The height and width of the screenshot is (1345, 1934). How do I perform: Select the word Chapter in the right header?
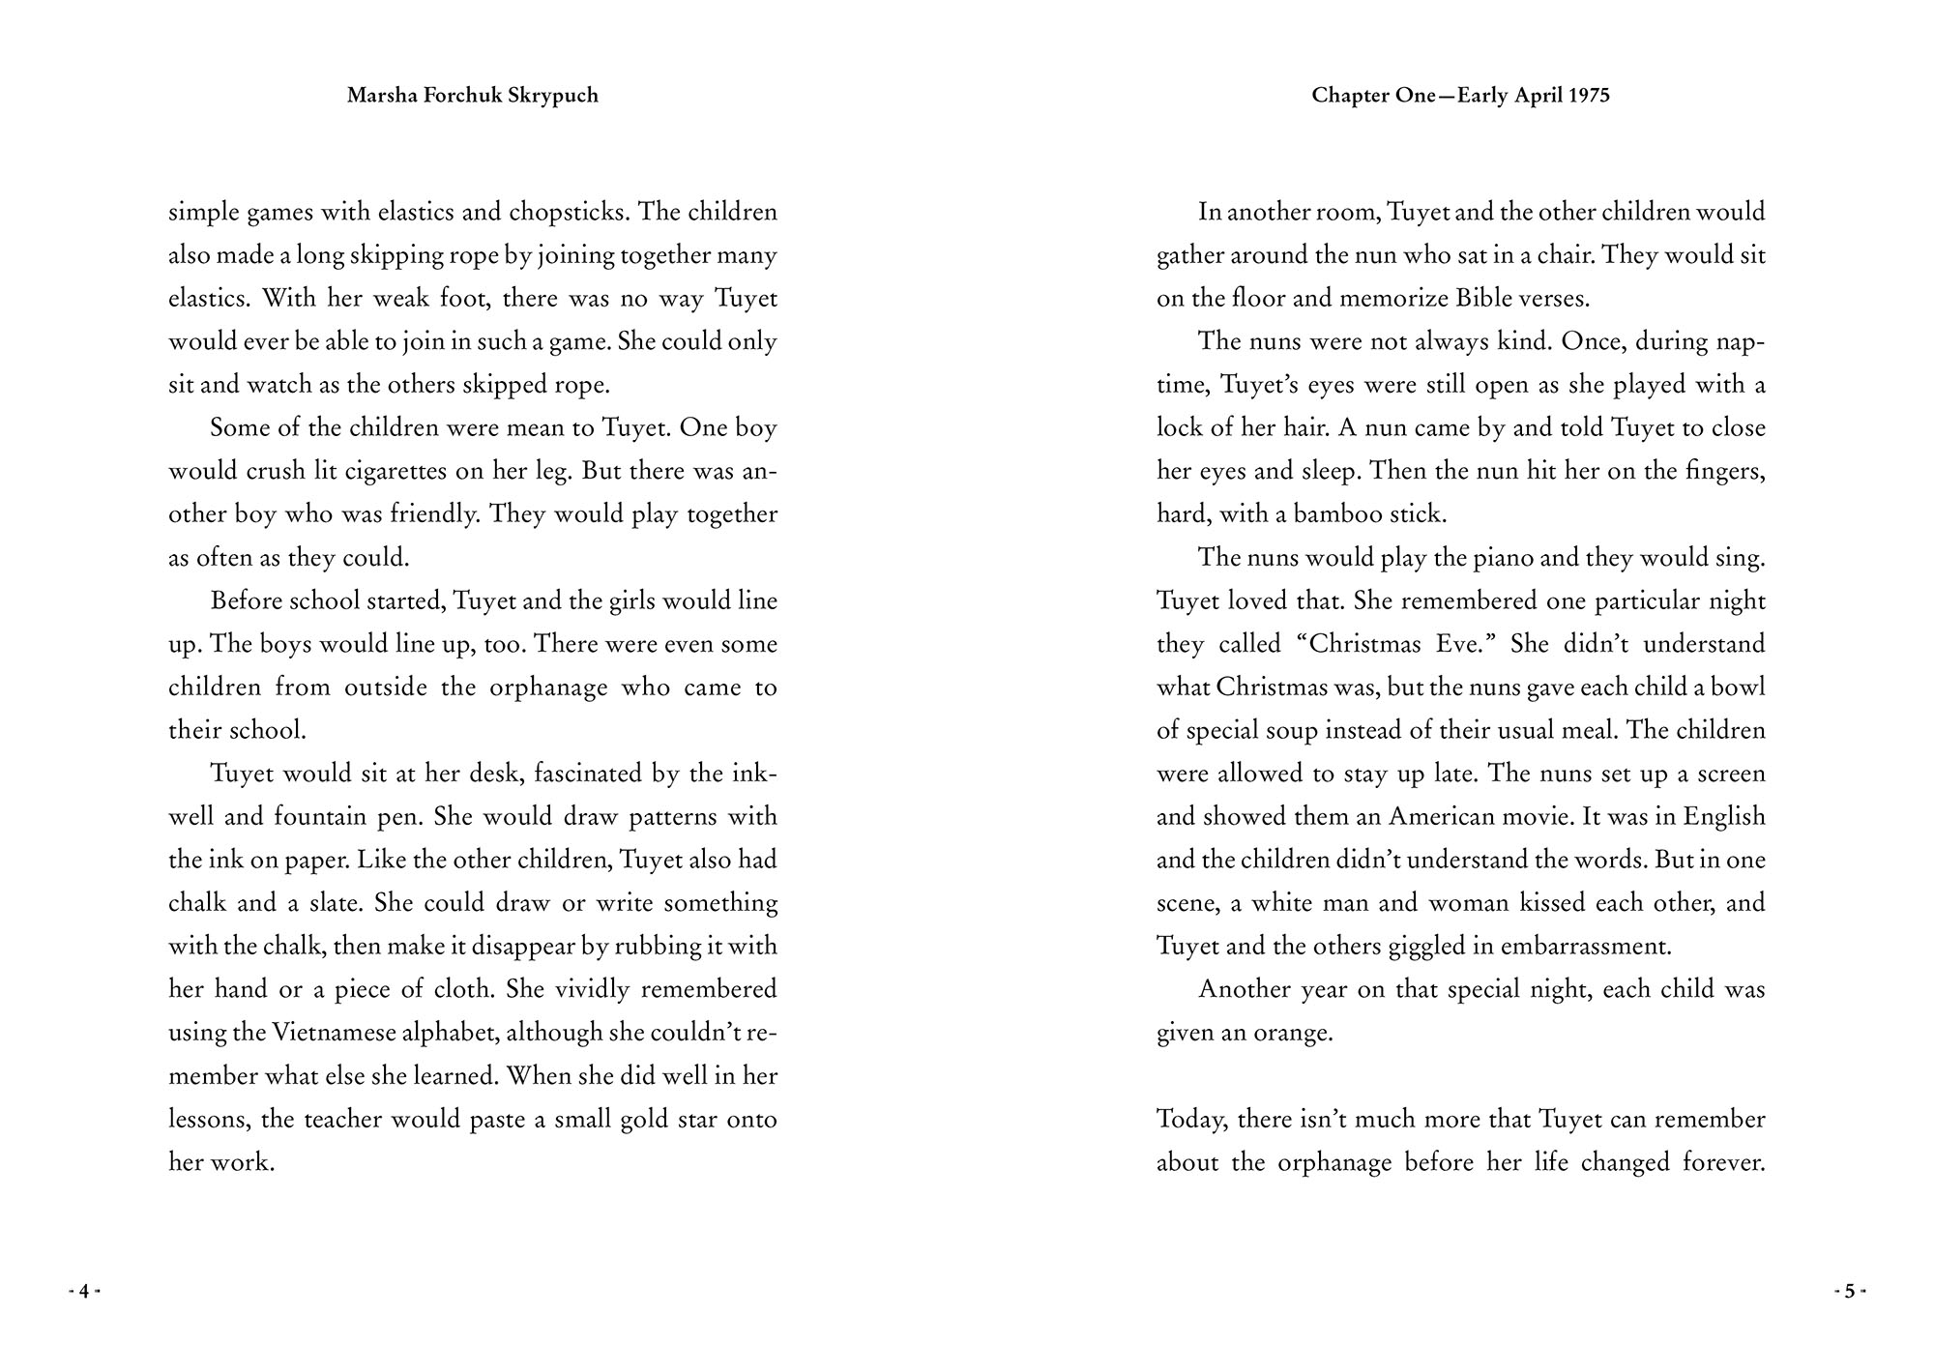point(1350,96)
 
